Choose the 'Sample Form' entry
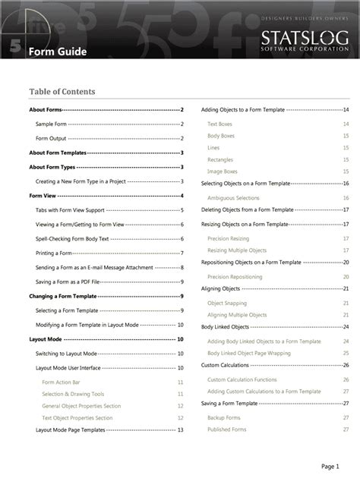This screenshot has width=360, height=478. click(x=51, y=124)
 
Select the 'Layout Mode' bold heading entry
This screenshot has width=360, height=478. click(x=46, y=339)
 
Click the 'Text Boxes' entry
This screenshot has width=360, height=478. click(x=219, y=124)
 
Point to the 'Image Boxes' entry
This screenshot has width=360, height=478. click(x=222, y=171)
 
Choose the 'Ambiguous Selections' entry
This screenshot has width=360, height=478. click(x=233, y=197)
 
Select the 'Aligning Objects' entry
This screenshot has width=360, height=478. click(x=221, y=288)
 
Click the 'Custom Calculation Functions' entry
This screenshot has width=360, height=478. click(x=242, y=379)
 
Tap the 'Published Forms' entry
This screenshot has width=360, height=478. click(x=226, y=429)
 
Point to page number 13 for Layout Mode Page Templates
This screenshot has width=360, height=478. click(x=180, y=429)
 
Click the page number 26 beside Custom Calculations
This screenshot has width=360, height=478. click(x=346, y=365)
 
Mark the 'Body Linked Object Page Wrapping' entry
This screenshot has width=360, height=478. click(x=248, y=353)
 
